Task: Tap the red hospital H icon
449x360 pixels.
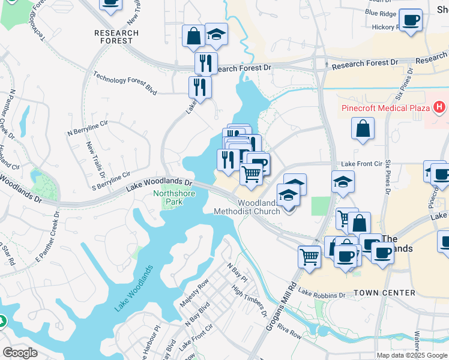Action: coord(440,107)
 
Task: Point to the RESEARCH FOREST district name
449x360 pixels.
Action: coord(116,37)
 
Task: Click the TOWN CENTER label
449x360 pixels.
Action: coord(384,293)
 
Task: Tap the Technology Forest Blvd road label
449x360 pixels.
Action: coord(125,83)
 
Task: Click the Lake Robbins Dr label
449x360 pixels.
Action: coord(322,294)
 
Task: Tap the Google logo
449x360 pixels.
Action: coord(20,353)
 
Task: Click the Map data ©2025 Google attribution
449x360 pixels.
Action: coord(412,355)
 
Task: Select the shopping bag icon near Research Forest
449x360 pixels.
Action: coord(194,35)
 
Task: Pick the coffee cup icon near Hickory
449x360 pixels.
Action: coord(411,19)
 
